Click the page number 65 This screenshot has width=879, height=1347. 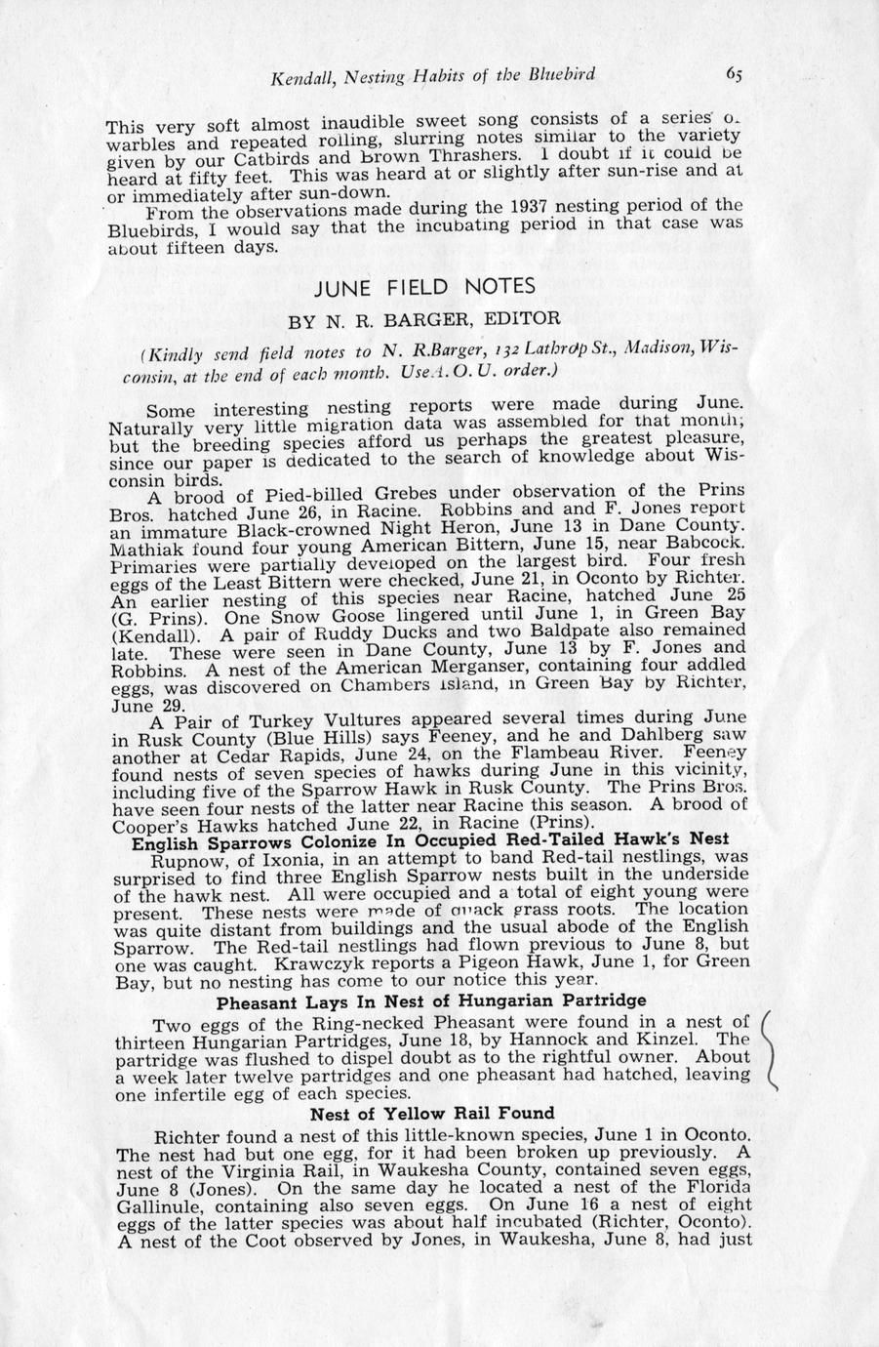(734, 74)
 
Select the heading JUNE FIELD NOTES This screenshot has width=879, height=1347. (424, 287)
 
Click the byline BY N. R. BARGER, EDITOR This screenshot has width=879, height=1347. (423, 318)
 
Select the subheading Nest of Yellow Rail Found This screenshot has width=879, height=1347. (432, 1114)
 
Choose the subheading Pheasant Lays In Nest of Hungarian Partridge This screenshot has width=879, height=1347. (431, 1001)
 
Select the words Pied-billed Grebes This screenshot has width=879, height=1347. (304, 493)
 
